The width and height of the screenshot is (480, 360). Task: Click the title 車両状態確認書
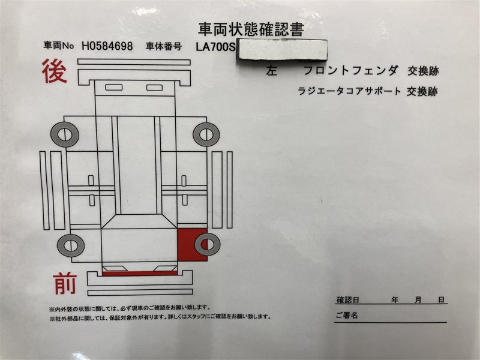(251, 29)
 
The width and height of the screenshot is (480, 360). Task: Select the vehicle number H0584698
(107, 46)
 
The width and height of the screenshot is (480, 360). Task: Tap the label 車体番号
(163, 46)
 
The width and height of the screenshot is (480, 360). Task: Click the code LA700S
(216, 47)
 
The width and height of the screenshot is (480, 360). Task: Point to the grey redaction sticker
(282, 50)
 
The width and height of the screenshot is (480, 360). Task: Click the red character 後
(55, 71)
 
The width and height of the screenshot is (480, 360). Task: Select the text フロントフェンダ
(351, 71)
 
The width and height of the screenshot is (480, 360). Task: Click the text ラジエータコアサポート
(349, 91)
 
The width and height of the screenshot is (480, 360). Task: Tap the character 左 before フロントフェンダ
(272, 71)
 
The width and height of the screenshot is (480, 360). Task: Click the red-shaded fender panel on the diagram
(192, 245)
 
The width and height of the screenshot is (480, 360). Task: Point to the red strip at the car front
(140, 274)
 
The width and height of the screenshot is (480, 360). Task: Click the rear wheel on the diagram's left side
(65, 134)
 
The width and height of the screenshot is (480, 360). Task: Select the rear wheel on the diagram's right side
(206, 134)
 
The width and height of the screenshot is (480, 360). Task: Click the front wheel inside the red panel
(207, 244)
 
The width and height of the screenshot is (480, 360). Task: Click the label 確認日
(347, 299)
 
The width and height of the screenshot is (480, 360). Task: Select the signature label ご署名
(347, 315)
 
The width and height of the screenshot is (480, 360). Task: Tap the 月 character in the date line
(418, 299)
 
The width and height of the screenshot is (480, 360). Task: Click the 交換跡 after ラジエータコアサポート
(422, 91)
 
